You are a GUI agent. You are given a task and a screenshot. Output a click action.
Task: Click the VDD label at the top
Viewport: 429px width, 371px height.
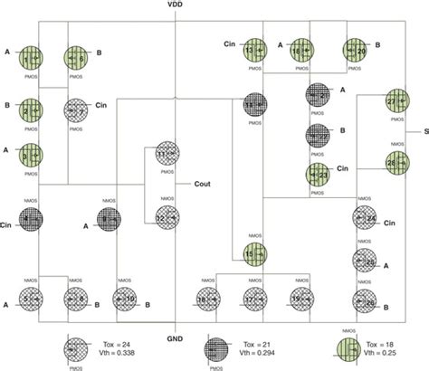pos(176,6)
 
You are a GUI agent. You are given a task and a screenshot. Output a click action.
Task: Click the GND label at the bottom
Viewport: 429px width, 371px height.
pos(176,338)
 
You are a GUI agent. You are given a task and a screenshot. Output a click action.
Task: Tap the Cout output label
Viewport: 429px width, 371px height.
pos(204,184)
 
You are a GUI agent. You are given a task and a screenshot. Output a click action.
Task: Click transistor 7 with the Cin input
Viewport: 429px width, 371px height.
pos(76,112)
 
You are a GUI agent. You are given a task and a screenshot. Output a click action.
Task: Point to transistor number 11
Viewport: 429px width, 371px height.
pos(167,154)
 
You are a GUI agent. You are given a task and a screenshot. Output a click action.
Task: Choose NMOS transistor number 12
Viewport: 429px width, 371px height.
pos(167,217)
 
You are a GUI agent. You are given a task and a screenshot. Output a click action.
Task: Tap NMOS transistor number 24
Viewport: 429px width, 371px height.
pos(365,218)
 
